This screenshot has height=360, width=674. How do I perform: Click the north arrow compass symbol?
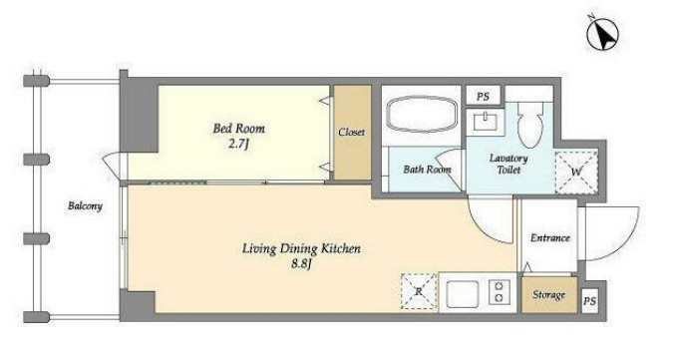coord(602,34)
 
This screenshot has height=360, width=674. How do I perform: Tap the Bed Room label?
coord(239,129)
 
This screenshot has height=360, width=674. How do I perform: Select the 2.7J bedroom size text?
coord(239,144)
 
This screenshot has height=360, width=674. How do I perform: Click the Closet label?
coord(352,132)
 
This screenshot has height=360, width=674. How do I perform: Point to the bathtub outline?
coord(422,114)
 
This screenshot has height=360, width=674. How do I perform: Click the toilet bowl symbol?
coord(530,126)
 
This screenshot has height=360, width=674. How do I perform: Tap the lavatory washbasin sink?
coord(486,121)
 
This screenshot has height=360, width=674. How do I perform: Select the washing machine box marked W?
coord(576,173)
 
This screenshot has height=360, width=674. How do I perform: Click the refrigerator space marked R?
coord(419,291)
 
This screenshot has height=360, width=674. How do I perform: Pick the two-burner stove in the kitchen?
coord(500,291)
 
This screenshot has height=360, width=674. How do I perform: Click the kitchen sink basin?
coord(462,294)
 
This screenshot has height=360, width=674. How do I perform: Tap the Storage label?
coord(548,294)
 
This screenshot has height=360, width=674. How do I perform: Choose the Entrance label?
coord(549,238)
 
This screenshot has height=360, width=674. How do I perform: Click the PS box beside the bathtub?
coord(484,97)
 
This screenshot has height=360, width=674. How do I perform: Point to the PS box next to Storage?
coord(590,301)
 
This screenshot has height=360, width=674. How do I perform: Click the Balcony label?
coord(85,206)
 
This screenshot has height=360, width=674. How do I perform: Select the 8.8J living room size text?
coord(301,263)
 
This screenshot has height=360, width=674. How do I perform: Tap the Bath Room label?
coord(427,170)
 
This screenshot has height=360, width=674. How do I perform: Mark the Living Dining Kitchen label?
coord(301,248)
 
